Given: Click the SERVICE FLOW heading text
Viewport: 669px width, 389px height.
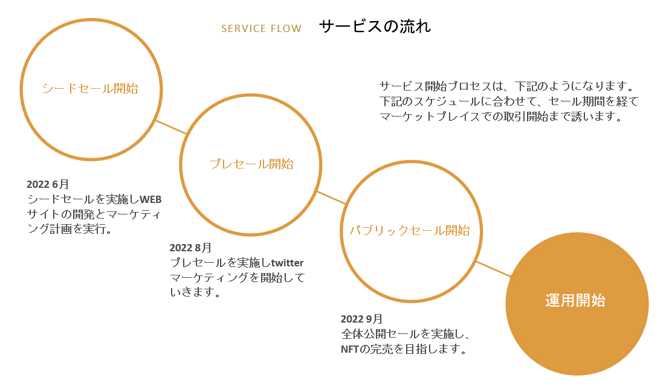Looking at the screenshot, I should [261, 28].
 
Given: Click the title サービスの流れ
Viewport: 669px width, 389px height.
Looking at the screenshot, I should [375, 27].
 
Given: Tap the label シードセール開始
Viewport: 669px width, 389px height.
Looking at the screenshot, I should [90, 88].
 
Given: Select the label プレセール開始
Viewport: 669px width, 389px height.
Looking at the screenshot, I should [251, 164].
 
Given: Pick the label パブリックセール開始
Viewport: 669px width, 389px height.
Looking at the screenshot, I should [410, 230].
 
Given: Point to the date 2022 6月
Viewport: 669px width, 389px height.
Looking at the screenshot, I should [48, 184].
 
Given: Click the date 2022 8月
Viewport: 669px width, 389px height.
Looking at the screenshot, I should [190, 248].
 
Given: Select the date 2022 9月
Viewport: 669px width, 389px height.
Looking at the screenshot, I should [361, 319].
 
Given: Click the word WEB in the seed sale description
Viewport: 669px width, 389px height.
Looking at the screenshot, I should [154, 199].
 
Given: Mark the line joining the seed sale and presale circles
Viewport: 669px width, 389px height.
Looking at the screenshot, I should [172, 127].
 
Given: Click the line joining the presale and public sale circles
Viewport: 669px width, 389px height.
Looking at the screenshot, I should [331, 198].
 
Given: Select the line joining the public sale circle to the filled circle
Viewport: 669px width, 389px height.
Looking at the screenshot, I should [493, 269].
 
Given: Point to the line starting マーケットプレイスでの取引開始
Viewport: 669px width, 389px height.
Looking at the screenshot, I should [501, 117].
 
